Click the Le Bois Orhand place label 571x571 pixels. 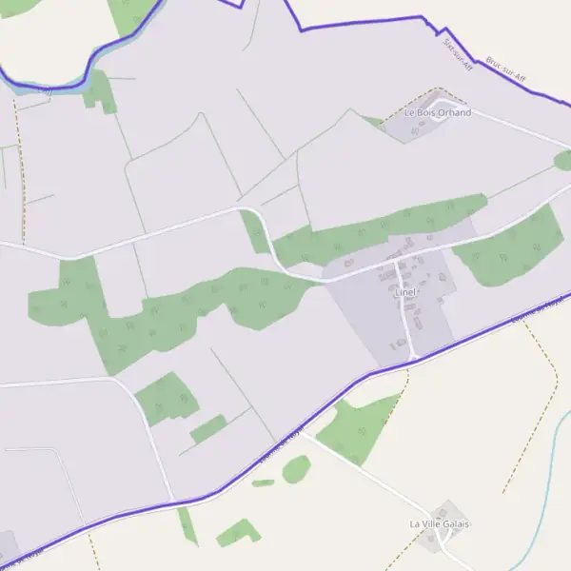[x=438, y=112]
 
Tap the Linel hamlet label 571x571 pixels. [x=406, y=292]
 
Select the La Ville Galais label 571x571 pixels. [x=440, y=523]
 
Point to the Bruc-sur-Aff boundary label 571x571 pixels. [x=505, y=68]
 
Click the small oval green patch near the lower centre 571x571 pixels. [x=296, y=468]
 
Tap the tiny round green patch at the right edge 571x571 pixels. [x=564, y=161]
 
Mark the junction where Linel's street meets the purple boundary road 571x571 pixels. [x=414, y=358]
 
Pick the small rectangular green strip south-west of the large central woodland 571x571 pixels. [x=208, y=429]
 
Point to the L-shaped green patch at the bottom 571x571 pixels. [x=238, y=533]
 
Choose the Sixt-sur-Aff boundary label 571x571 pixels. [x=458, y=49]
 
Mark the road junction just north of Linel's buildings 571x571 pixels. [x=396, y=260]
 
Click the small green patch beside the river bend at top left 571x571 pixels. [x=100, y=90]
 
